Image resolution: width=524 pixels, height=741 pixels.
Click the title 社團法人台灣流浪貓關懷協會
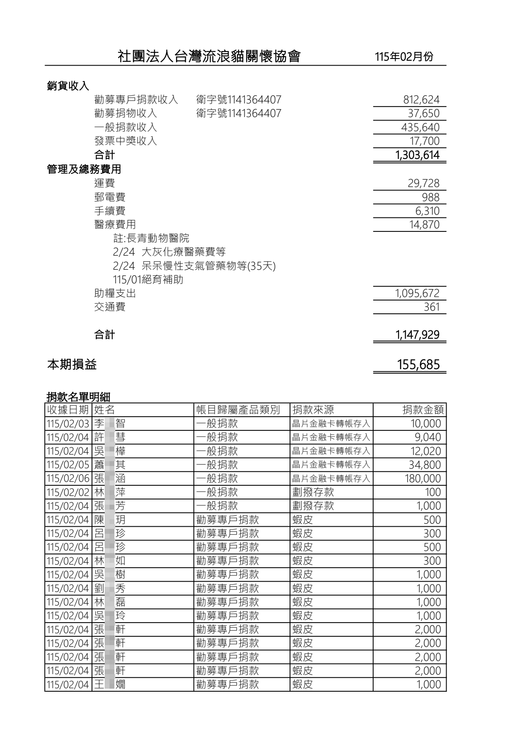[209, 56]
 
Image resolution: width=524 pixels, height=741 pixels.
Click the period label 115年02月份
[404, 57]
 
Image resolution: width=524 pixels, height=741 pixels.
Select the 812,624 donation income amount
[421, 100]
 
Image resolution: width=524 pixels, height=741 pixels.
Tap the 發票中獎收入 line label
[125, 141]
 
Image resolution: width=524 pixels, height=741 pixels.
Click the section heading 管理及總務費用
[84, 169]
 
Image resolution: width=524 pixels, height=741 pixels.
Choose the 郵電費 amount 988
[430, 197]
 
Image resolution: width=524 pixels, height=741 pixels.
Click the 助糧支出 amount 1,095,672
[417, 293]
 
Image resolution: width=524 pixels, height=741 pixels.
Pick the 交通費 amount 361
[431, 307]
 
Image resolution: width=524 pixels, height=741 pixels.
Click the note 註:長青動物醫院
[151, 238]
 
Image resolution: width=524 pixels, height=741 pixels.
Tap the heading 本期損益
[72, 365]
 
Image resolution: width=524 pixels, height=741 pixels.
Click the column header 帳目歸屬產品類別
[238, 410]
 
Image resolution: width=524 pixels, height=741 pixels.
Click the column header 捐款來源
[313, 410]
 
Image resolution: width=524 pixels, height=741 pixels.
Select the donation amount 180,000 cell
[422, 479]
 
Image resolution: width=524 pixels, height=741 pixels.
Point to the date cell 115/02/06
[68, 479]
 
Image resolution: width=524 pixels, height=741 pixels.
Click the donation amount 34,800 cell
[425, 465]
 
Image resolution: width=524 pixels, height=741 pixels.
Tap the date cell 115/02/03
[68, 424]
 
